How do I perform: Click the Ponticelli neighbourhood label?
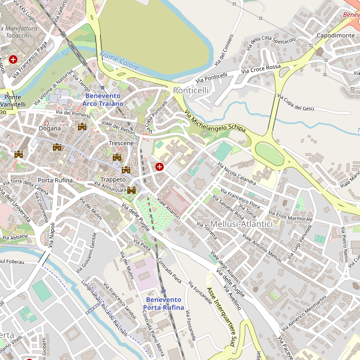(191, 90)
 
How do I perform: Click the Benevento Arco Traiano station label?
(103, 100)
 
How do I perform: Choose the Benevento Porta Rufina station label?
(163, 304)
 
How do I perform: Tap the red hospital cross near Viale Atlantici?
(160, 166)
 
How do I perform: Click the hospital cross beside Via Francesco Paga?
(13, 59)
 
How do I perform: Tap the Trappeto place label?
(113, 179)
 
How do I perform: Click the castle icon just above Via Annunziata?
(131, 190)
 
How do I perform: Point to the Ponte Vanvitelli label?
(13, 100)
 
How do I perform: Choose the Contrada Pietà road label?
(170, 270)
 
